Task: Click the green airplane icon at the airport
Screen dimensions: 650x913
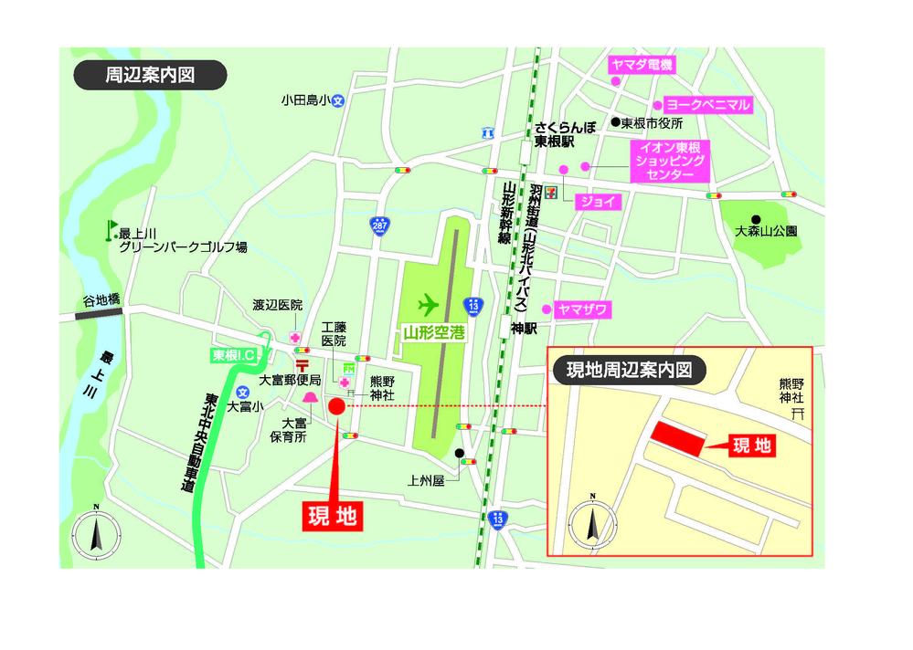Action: point(427,303)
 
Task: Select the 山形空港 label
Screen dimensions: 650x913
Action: point(434,333)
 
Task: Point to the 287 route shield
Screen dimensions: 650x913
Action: point(377,225)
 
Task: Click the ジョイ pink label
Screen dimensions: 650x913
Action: point(598,201)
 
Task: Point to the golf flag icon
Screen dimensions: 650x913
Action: point(111,229)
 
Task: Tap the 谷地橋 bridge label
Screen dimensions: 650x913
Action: point(101,299)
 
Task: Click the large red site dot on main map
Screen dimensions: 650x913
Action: point(337,407)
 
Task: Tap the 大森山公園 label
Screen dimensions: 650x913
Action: point(766,232)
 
